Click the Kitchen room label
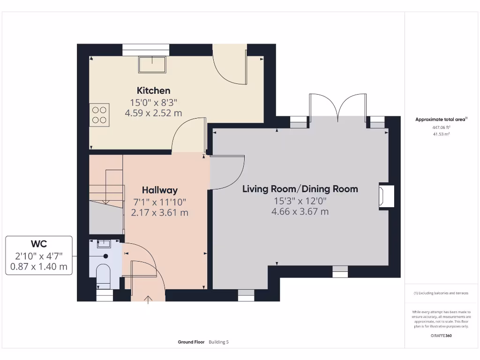pyautogui.click(x=153, y=90)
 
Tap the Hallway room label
pyautogui.click(x=159, y=190)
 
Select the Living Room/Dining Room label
pyautogui.click(x=300, y=189)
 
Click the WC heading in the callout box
pyautogui.click(x=39, y=244)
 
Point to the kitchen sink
pyautogui.click(x=152, y=64)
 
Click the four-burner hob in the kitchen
pyautogui.click(x=99, y=115)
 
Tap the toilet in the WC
pyautogui.click(x=103, y=274)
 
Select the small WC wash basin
pyautogui.click(x=103, y=243)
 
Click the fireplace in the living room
pyautogui.click(x=386, y=195)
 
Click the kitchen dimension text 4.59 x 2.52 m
pyautogui.click(x=153, y=113)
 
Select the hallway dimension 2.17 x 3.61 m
pyautogui.click(x=159, y=212)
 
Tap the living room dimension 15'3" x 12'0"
pyautogui.click(x=300, y=201)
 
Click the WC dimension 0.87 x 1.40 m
pyautogui.click(x=39, y=267)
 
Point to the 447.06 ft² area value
pyautogui.click(x=441, y=127)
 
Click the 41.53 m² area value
pyautogui.click(x=441, y=134)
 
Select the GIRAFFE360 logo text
pyautogui.click(x=441, y=336)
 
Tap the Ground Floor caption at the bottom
pyautogui.click(x=191, y=342)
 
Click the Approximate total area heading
pyautogui.click(x=441, y=120)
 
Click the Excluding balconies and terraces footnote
pyautogui.click(x=441, y=293)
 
